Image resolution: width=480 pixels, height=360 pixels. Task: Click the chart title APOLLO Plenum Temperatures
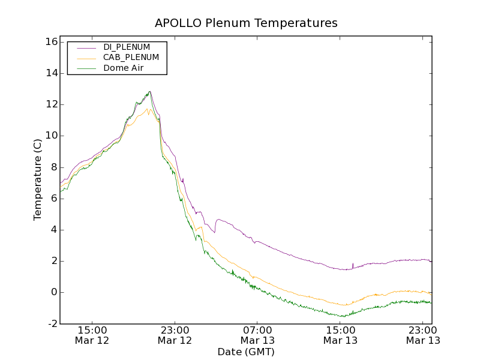(246, 23)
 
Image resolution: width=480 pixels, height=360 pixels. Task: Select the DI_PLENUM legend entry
(127, 47)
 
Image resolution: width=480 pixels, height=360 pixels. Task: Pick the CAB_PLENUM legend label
(131, 58)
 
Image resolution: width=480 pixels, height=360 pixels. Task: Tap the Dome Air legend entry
(124, 68)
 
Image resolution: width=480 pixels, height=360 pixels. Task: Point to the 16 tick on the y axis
(50, 42)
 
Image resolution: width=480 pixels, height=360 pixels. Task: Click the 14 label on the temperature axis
(50, 73)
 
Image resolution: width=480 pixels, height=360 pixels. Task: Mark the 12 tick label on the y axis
(50, 104)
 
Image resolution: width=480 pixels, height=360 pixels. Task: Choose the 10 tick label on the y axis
(50, 136)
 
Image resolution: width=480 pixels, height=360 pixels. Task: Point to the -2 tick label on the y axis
(52, 323)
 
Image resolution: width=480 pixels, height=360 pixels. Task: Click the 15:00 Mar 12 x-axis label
(92, 335)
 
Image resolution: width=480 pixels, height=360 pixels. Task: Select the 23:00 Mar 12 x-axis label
(175, 335)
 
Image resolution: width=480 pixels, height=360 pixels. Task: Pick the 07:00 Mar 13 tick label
(257, 335)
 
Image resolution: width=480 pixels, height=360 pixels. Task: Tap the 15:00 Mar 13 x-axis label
(340, 335)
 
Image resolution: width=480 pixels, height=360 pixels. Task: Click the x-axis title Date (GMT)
(246, 352)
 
